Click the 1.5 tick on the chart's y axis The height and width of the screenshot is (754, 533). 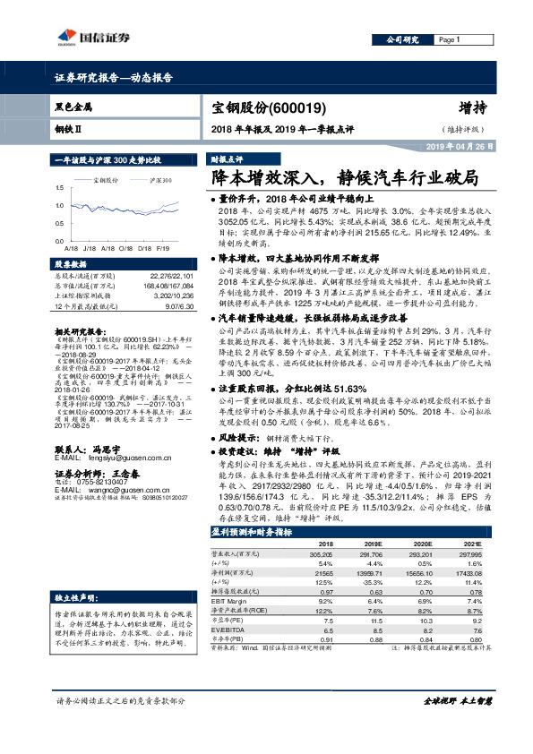[59, 187]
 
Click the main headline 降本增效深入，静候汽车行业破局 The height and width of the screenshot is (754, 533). [350, 178]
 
